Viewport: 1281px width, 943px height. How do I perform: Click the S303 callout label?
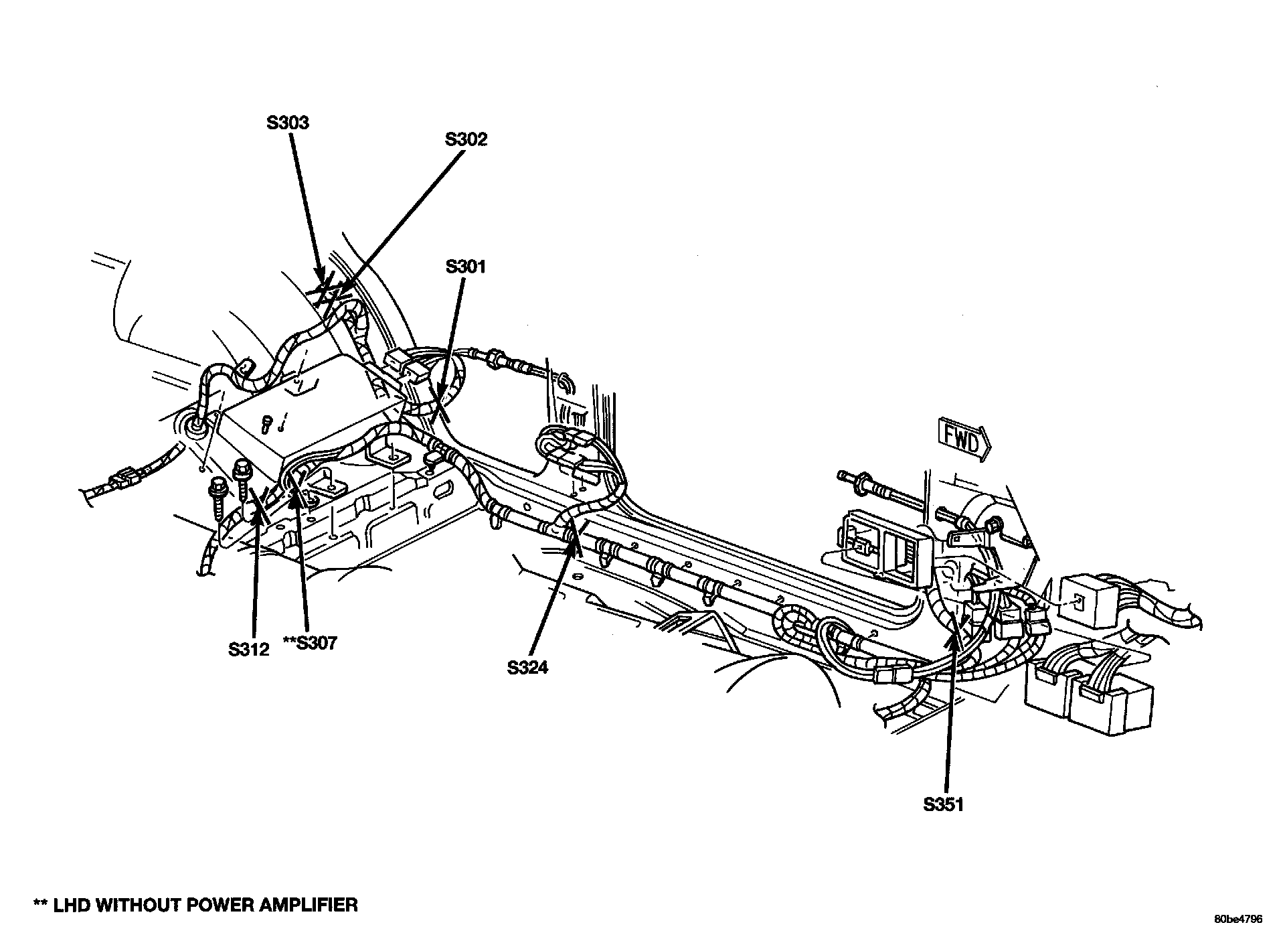tap(288, 123)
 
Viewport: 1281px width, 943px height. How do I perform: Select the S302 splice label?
tap(466, 139)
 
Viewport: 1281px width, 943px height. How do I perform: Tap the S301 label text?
tap(466, 267)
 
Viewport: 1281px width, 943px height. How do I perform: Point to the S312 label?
tap(248, 649)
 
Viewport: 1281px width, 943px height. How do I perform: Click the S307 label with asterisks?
tap(309, 643)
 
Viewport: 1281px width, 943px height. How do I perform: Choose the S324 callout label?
tap(527, 667)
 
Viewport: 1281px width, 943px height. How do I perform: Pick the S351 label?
tap(943, 804)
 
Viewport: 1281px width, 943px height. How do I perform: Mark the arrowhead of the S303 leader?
tap(323, 280)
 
